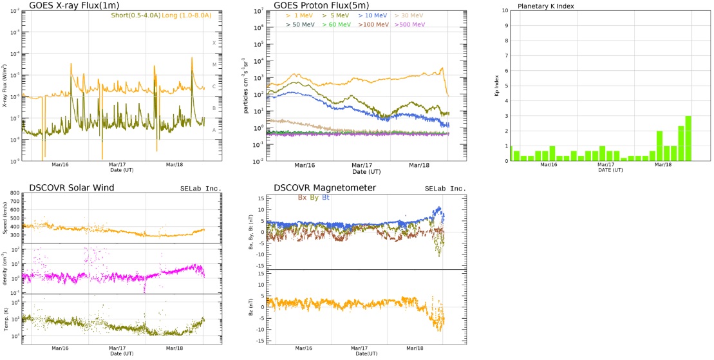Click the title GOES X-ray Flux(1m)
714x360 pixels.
tap(68, 6)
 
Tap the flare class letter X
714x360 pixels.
tap(214, 43)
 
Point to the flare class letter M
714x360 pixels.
tap(214, 64)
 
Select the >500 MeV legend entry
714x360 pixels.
tap(411, 24)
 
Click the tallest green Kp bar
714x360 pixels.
tap(688, 138)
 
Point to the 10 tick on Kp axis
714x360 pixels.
tap(504, 11)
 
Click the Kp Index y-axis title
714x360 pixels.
tap(496, 86)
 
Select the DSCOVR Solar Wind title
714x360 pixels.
tap(71, 187)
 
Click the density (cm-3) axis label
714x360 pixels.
tap(5, 269)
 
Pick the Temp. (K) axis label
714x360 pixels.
tap(5, 319)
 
